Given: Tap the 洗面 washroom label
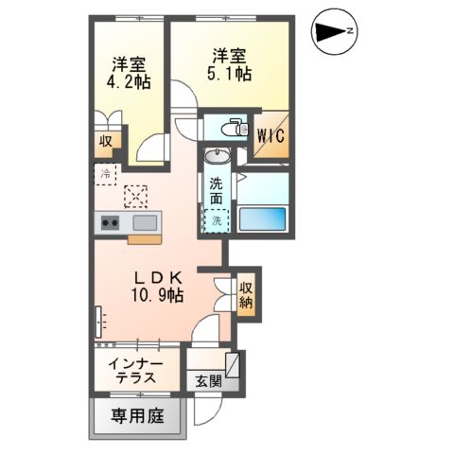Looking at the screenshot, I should [x=218, y=193].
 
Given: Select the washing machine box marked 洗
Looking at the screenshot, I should [x=217, y=220].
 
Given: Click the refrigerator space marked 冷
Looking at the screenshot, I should [x=105, y=173].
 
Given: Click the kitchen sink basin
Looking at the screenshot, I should [x=145, y=223].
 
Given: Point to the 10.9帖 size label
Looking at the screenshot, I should [x=159, y=295].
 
